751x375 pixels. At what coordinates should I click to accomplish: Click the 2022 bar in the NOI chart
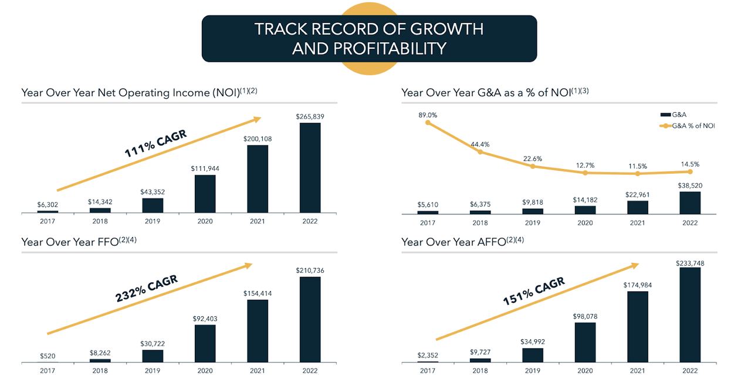click(310, 167)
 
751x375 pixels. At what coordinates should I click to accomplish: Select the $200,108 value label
click(258, 139)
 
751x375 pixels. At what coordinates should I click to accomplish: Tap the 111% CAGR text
click(155, 144)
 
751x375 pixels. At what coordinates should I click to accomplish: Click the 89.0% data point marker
click(428, 122)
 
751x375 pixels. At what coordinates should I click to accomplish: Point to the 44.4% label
click(480, 144)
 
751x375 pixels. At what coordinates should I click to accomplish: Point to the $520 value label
click(48, 356)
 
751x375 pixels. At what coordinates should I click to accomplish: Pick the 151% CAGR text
click(533, 292)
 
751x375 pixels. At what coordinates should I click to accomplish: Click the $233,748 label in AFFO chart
click(690, 263)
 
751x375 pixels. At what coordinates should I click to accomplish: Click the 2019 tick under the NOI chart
click(153, 221)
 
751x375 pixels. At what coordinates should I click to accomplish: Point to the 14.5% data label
click(690, 164)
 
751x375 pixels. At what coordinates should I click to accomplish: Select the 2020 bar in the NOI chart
click(205, 193)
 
